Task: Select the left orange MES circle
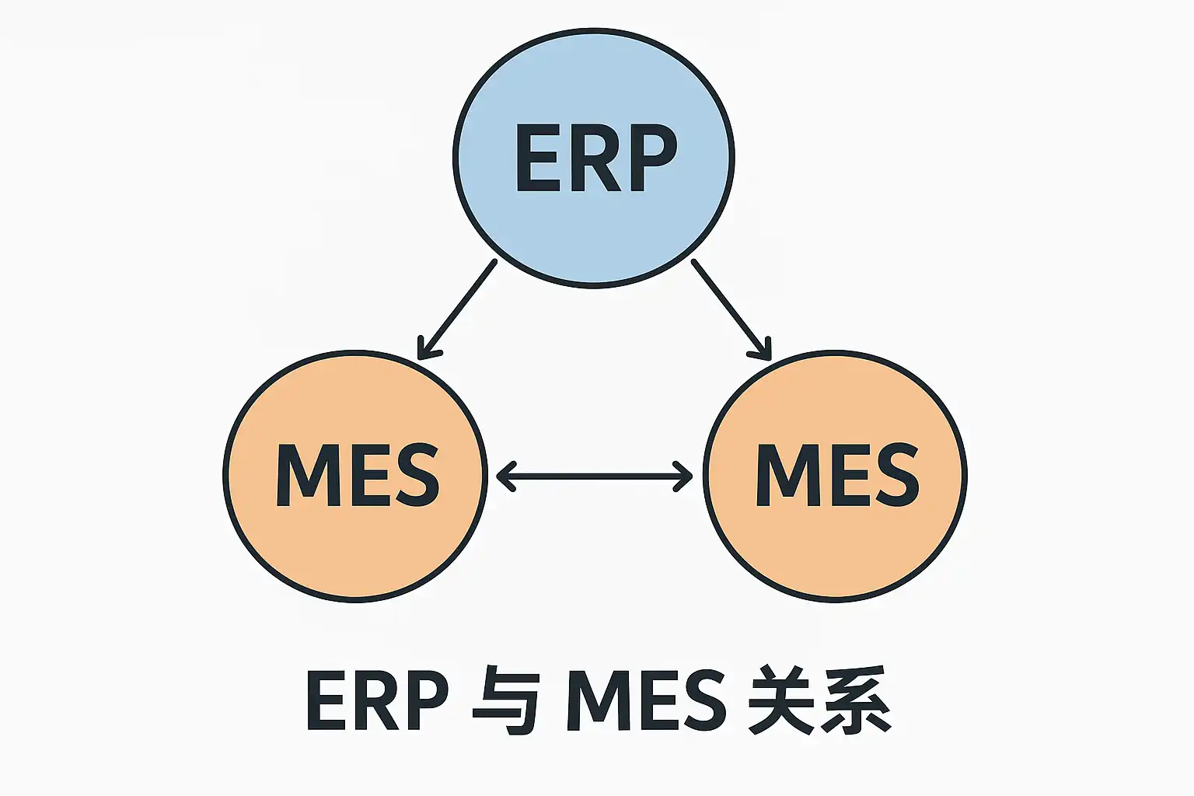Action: click(355, 544)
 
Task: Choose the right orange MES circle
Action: click(835, 544)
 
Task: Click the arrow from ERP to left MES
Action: click(459, 308)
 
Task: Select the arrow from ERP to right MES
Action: click(729, 308)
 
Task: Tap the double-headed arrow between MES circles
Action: click(594, 476)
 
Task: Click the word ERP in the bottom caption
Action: click(378, 700)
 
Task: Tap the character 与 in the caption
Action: click(506, 700)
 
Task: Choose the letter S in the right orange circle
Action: click(896, 475)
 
